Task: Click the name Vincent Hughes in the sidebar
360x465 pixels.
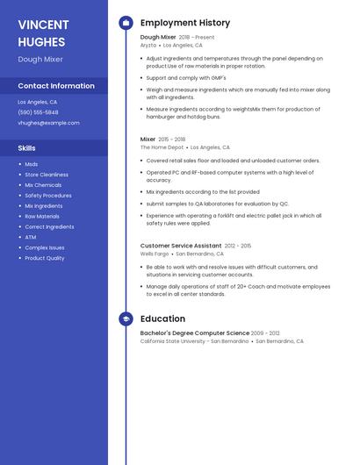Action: pos(43,32)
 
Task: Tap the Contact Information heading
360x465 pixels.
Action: pos(56,86)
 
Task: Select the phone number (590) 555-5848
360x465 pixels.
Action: pos(38,112)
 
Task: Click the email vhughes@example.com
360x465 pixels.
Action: pos(48,123)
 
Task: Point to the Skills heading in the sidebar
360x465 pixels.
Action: pos(27,148)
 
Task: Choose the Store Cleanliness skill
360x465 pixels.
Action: pos(47,175)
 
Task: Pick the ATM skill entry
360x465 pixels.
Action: pos(31,237)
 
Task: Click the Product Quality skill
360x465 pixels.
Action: pos(44,258)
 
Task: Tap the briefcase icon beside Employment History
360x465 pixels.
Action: pos(126,23)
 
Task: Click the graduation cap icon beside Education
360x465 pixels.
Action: pos(126,319)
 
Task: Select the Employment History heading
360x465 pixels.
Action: pos(185,23)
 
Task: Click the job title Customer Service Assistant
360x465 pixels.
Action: pos(181,246)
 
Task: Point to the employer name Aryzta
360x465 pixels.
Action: pos(148,45)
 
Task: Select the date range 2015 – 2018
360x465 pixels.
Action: pos(172,139)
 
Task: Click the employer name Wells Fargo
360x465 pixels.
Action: pos(155,254)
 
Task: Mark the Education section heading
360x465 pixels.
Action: pos(162,319)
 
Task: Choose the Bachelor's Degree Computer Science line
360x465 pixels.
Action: pos(195,333)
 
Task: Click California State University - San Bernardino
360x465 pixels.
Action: pos(194,341)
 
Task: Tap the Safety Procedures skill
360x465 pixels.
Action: pos(48,196)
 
